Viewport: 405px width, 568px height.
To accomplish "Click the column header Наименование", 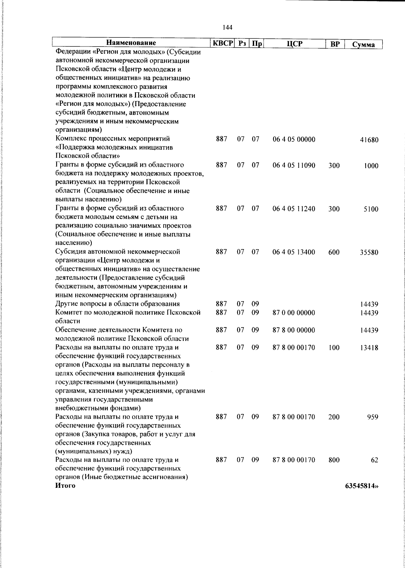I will coord(131,43).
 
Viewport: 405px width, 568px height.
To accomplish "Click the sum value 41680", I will coord(369,140).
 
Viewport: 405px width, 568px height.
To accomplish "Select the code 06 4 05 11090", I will coord(294,165).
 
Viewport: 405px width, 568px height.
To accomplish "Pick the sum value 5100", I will coord(371,209).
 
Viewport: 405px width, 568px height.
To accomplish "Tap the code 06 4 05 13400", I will coord(294,252).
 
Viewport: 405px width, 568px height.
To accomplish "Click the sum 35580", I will coord(369,252).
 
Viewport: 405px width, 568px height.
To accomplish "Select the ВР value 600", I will coord(334,252).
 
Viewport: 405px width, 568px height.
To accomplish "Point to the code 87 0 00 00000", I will coord(294,313).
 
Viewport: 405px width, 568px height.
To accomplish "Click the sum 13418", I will coord(369,348).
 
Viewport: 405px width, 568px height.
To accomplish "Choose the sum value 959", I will coord(373,417).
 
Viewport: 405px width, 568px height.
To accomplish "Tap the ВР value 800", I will coord(334,460).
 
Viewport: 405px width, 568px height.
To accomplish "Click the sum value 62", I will coord(374,461).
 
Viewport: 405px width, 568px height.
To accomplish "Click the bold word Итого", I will coord(65,486).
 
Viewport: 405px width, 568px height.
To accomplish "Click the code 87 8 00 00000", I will coord(294,330).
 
